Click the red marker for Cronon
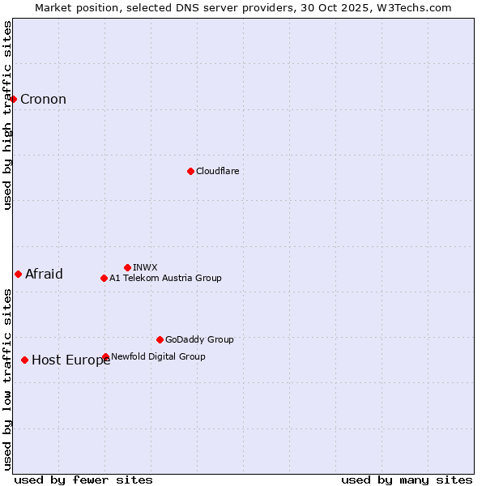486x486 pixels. pos(14,99)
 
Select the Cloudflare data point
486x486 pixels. pos(190,171)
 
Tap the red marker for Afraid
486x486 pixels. pos(19,274)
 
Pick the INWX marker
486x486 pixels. pos(127,267)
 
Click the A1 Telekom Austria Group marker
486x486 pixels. pos(104,278)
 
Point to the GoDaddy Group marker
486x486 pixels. pos(160,339)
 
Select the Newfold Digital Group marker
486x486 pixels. pos(105,356)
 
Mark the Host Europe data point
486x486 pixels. pos(25,360)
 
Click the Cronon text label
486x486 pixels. pos(43,100)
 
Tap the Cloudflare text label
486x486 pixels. pos(217,171)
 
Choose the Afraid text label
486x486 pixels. pos(44,274)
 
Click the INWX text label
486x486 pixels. pos(145,267)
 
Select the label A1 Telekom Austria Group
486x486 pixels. pos(165,278)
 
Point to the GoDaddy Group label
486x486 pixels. pos(199,339)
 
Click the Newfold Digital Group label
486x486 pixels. pos(158,356)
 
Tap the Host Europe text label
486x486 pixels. pos(71,360)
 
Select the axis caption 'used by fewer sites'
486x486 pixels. pos(83,480)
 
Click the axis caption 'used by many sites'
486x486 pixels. pos(407,480)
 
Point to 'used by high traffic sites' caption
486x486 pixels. pos(7,115)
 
